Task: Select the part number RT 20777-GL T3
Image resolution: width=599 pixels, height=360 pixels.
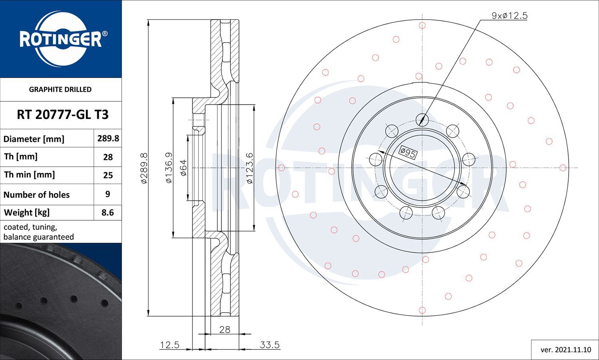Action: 63,115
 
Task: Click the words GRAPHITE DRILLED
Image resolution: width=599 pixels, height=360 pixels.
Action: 60,89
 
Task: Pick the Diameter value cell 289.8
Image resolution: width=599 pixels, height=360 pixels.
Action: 108,138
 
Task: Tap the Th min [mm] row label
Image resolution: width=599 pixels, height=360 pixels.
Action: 30,175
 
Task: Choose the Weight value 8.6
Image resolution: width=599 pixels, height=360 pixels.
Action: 107,212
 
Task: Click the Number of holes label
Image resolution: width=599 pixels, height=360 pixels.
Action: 36,194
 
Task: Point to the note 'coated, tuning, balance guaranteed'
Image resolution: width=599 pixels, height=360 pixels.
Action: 39,232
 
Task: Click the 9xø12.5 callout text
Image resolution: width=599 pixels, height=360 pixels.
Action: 510,16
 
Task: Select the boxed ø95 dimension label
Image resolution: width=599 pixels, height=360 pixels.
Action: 408,152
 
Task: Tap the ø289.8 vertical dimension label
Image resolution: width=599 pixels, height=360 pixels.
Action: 144,168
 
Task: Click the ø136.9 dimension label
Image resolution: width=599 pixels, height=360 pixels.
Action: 169,168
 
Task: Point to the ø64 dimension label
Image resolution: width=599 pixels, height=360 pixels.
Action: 184,168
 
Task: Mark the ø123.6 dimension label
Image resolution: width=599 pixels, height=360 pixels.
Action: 250,168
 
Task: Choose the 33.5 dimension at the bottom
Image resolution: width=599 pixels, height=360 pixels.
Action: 270,345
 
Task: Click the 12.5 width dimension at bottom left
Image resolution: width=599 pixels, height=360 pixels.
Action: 170,345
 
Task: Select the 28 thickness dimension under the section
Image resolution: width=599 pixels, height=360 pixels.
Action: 224,330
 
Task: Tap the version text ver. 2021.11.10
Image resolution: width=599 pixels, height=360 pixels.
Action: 566,350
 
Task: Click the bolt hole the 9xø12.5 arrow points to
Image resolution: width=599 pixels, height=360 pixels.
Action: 422,119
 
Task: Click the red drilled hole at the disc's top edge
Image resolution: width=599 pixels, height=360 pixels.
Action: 422,26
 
